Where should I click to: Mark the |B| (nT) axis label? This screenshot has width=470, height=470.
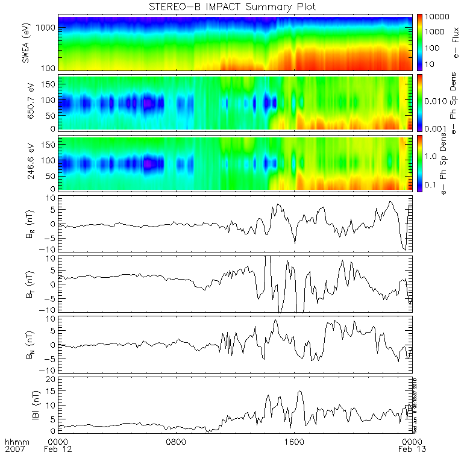point(27,404)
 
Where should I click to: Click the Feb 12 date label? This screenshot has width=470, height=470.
point(59,450)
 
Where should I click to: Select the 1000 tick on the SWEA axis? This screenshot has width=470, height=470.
point(49,28)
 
